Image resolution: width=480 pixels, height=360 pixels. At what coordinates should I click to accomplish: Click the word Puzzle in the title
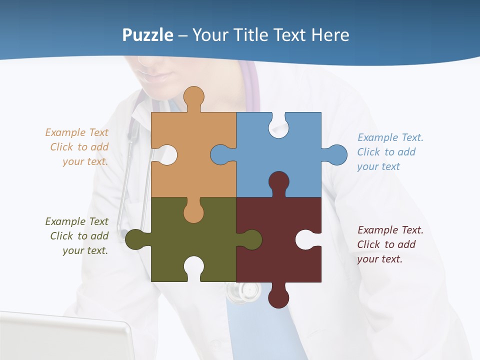[148, 35]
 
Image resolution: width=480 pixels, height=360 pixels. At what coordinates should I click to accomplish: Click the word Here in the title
[330, 35]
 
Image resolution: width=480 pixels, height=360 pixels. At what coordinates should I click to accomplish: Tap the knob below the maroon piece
[278, 297]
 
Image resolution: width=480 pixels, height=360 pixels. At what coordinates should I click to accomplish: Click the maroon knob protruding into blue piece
[278, 182]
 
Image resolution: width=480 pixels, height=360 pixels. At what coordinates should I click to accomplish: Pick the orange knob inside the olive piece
[193, 212]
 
